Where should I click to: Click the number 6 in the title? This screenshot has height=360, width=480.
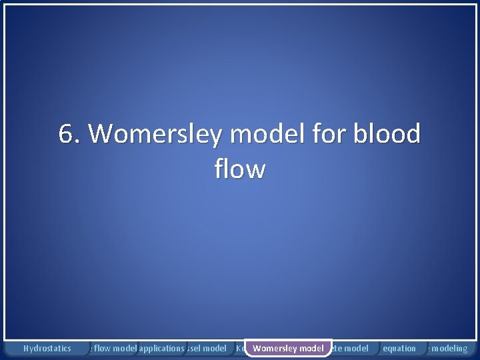[x=66, y=134]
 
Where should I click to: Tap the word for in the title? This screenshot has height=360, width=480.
[x=319, y=134]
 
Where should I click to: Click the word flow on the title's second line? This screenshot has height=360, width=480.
[x=240, y=169]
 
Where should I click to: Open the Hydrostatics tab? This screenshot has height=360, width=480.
[x=47, y=348]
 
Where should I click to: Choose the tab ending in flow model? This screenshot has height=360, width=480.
[x=113, y=348]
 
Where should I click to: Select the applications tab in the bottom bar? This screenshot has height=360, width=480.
[x=161, y=348]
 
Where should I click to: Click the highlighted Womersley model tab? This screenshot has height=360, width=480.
[x=288, y=348]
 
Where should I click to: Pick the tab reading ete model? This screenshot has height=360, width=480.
[x=351, y=348]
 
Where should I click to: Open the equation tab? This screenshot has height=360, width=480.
[x=399, y=348]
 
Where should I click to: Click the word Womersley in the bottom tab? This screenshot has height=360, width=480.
[x=275, y=348]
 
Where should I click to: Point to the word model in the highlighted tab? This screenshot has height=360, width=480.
[x=311, y=348]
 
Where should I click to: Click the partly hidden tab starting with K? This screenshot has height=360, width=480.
[x=239, y=348]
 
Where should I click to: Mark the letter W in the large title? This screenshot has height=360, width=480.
[x=101, y=134]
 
